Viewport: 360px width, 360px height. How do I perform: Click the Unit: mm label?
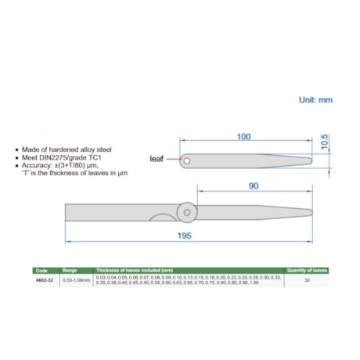[x=315, y=100]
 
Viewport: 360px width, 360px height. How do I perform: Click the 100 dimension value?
[x=243, y=137]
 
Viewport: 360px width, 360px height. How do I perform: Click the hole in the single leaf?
[x=188, y=160]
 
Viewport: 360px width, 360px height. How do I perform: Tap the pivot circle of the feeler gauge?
[x=186, y=211]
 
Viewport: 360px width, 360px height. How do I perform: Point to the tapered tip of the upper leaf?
[x=309, y=160]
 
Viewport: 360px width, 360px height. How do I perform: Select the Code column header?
[x=42, y=270]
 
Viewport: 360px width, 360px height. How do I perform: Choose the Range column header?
[x=70, y=270]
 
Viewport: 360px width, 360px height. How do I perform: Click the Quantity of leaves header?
[x=306, y=270]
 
